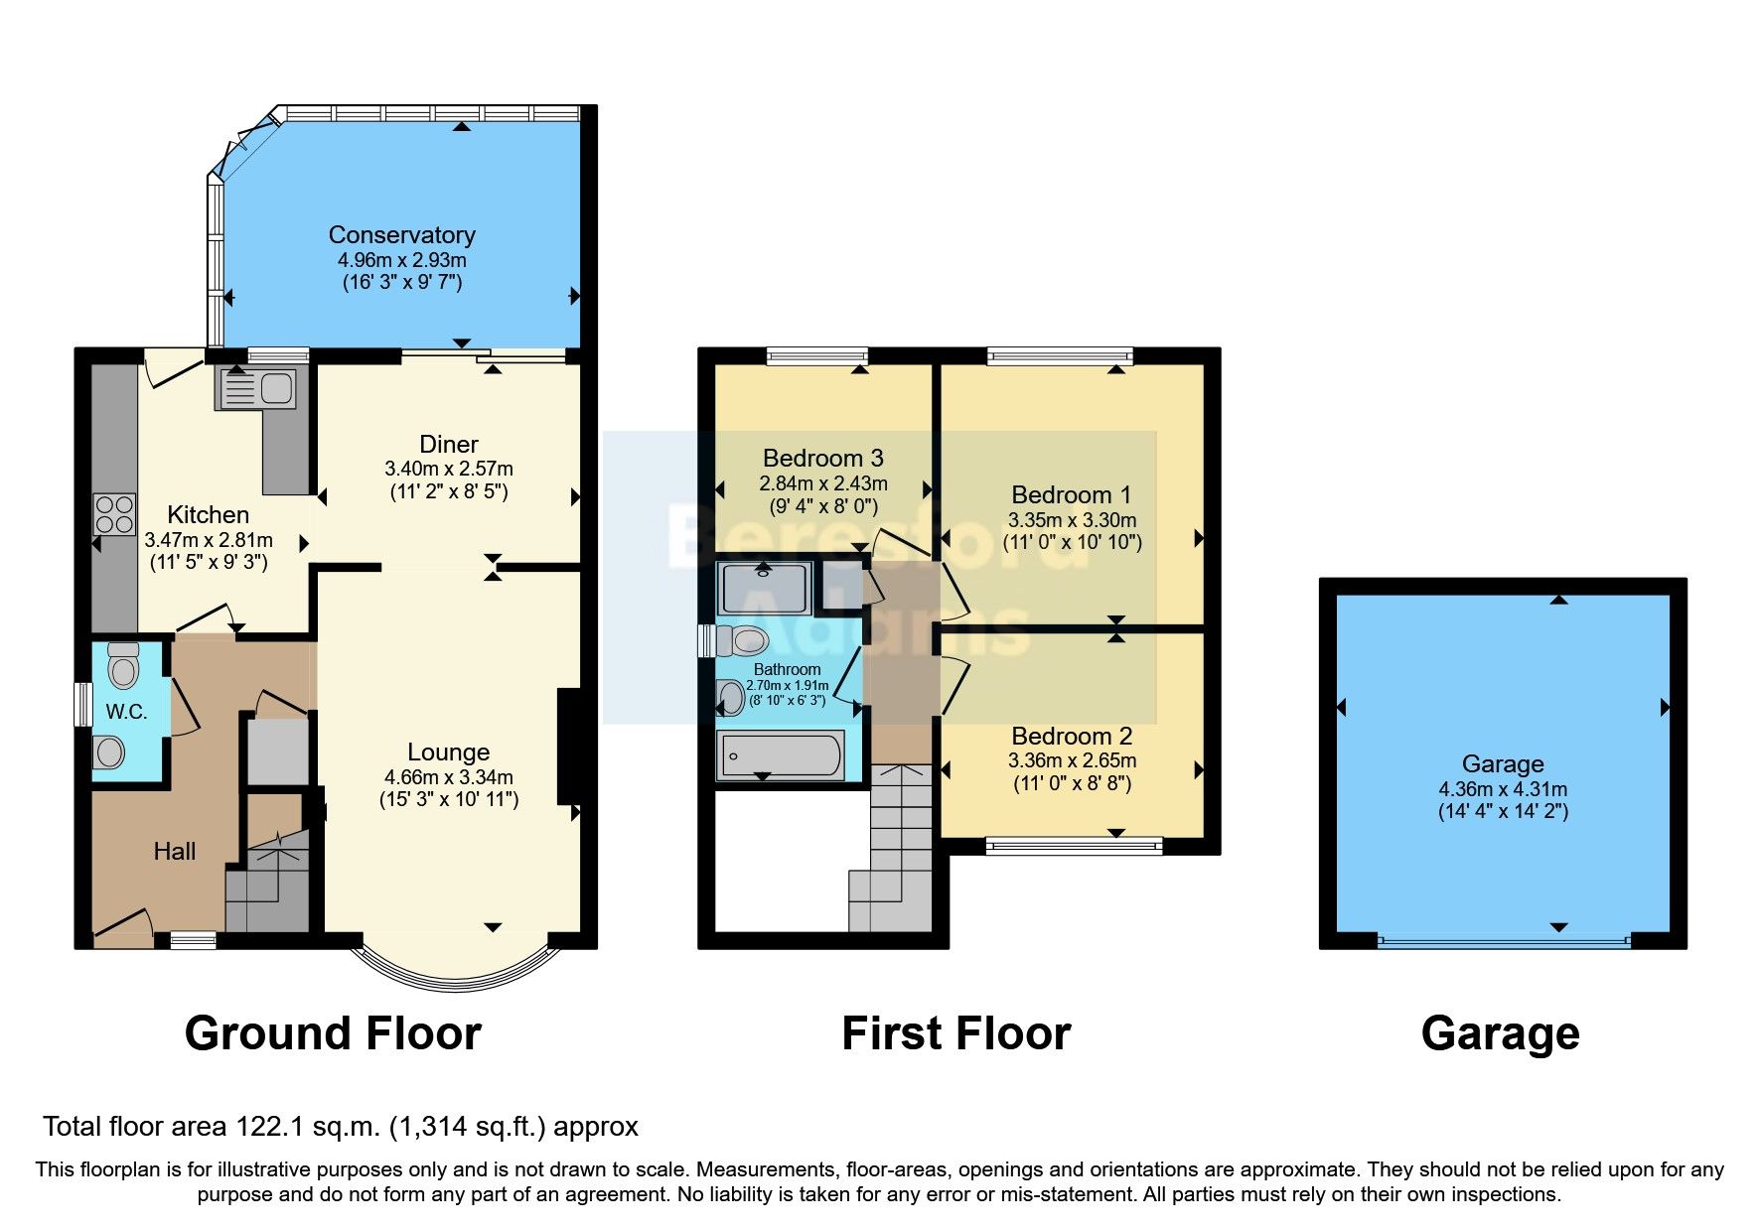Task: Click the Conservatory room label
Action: coord(401,235)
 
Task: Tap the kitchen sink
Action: coord(256,388)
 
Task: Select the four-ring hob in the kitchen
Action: coord(114,514)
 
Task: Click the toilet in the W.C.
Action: coord(123,664)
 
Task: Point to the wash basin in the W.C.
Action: coord(108,752)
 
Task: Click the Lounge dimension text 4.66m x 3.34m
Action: coord(449,777)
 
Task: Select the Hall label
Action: coord(174,851)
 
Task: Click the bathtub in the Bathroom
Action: coord(781,756)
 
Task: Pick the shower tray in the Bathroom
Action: coord(765,588)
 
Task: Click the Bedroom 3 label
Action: coord(822,458)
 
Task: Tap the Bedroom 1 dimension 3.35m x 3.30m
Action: coord(1072,520)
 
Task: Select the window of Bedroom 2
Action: coord(1073,846)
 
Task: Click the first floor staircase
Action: coord(894,854)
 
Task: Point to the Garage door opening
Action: coord(1503,941)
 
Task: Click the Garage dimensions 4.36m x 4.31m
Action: coord(1503,789)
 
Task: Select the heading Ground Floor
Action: coord(333,1033)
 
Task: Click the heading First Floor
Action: coord(955,1033)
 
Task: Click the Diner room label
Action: coord(448,445)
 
